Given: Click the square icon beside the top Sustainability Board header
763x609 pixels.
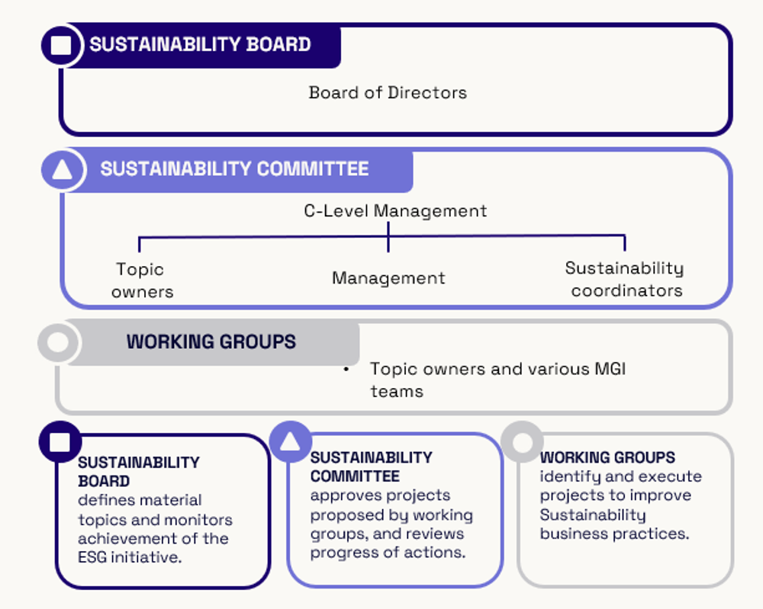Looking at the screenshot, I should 61,46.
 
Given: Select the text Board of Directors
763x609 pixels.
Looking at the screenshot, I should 388,93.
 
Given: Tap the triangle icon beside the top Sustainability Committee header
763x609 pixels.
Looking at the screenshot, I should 62,169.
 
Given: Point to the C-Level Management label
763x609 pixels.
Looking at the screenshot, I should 395,211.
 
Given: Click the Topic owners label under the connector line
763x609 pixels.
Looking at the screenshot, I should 141,280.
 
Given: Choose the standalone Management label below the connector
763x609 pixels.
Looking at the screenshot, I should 388,278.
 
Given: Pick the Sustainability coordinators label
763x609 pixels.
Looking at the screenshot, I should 625,279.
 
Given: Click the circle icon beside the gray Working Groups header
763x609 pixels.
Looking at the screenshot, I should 58,341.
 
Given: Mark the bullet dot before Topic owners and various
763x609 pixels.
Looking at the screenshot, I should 346,370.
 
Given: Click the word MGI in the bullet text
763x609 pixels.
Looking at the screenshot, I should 610,369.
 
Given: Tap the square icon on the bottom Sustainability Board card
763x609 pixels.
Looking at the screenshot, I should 60,442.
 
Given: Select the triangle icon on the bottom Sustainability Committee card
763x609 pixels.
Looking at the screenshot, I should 290,442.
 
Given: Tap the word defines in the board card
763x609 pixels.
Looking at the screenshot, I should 105,500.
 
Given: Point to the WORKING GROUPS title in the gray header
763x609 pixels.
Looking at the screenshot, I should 211,341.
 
